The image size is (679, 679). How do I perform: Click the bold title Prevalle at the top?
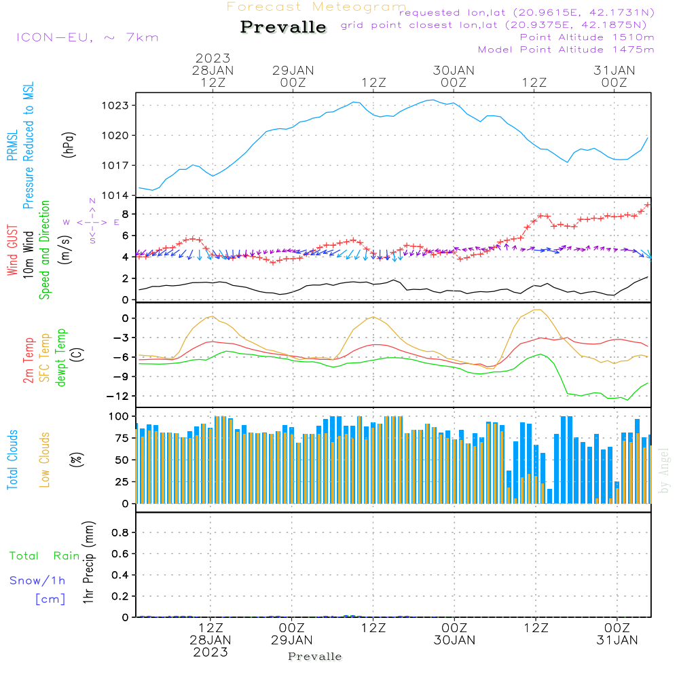(x=283, y=27)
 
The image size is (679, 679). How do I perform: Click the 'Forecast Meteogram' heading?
(x=316, y=7)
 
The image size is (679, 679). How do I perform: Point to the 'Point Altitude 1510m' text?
(x=587, y=37)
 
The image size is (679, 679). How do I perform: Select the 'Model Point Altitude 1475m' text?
(x=566, y=50)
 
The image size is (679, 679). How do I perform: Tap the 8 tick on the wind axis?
(x=125, y=214)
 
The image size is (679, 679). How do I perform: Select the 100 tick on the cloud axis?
(x=118, y=416)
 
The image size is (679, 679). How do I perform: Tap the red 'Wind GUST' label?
(x=12, y=251)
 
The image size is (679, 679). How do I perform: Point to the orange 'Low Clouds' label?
(x=45, y=460)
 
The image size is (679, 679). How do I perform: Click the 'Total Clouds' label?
(x=12, y=460)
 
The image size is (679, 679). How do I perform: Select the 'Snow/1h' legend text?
(x=37, y=581)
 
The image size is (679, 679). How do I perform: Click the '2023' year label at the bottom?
(x=210, y=652)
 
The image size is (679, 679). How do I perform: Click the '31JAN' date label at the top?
(x=614, y=71)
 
